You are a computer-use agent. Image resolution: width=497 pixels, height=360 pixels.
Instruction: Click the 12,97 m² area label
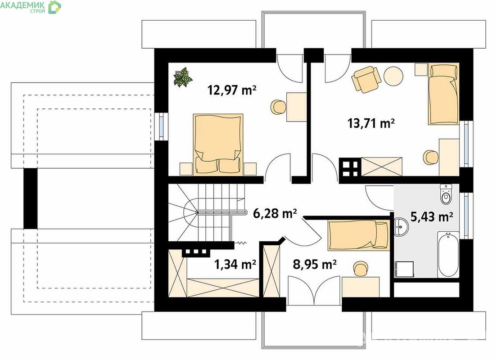tap(232, 90)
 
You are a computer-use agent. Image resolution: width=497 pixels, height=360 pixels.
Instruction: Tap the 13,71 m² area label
tap(371, 123)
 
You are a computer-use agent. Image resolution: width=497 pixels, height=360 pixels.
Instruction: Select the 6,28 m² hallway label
tap(275, 213)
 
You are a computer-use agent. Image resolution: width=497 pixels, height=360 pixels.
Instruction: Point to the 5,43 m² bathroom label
tap(432, 217)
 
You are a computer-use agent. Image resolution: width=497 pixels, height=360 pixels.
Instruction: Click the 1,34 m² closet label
tap(235, 264)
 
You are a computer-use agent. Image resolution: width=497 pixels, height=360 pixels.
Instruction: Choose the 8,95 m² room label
tap(314, 264)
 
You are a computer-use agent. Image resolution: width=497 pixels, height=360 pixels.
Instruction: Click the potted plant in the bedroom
tap(183, 76)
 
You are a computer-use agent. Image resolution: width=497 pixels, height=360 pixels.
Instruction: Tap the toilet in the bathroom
tap(446, 194)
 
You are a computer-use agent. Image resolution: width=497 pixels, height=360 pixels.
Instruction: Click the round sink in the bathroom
tap(401, 227)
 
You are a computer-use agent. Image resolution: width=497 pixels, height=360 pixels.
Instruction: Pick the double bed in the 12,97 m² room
tap(218, 144)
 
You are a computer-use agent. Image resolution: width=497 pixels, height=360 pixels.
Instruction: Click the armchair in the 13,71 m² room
tap(366, 79)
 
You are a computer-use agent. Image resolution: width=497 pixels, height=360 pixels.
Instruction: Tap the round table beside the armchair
tap(393, 76)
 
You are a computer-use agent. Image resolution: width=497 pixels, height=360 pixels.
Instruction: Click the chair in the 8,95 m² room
tap(361, 269)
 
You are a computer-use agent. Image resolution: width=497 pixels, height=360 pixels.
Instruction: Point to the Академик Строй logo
tap(31, 7)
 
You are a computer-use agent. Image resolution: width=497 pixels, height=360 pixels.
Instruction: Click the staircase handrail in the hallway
tap(221, 212)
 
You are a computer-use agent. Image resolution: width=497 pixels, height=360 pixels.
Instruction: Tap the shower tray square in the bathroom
tap(404, 269)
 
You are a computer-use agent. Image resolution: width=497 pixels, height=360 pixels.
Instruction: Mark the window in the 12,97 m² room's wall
tap(161, 126)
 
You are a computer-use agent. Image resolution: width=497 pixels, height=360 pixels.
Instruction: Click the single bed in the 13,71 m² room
tap(443, 94)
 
